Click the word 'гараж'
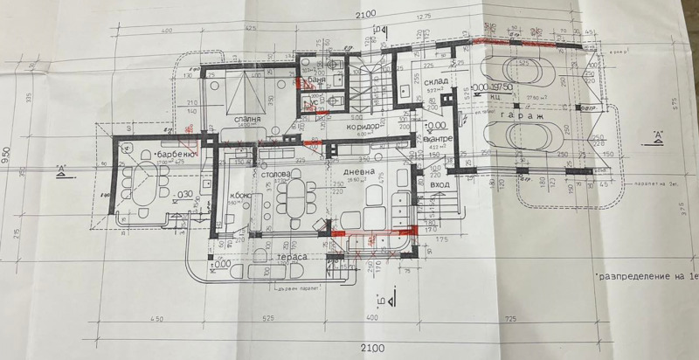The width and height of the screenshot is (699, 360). click(525, 114)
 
